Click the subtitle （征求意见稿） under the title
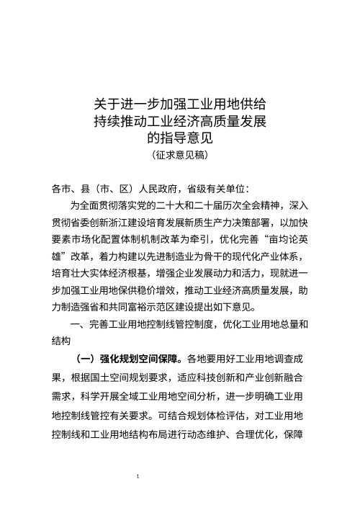pos(180,153)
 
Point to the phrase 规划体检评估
pos(182,415)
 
